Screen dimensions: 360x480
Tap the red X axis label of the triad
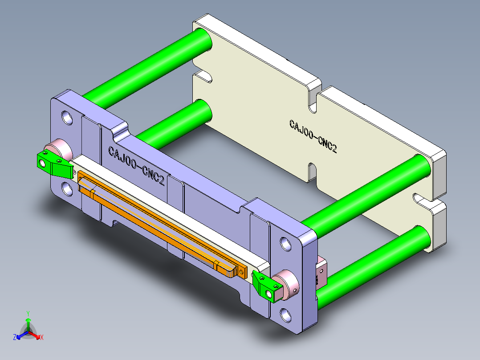[x=42, y=338]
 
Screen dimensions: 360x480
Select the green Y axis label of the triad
[x=28, y=313]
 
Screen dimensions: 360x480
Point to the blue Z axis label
[x=15, y=338]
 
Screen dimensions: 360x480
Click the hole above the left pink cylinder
[x=67, y=117]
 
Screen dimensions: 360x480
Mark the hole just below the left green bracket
[x=67, y=189]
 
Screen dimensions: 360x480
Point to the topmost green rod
[x=147, y=67]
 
